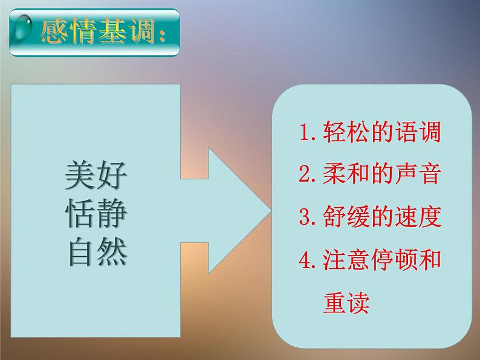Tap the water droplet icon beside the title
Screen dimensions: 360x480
pos(24,29)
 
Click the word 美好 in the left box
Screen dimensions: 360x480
pos(96,176)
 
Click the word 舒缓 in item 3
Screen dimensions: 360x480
pos(338,216)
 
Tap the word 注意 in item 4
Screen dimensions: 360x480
pos(338,259)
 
